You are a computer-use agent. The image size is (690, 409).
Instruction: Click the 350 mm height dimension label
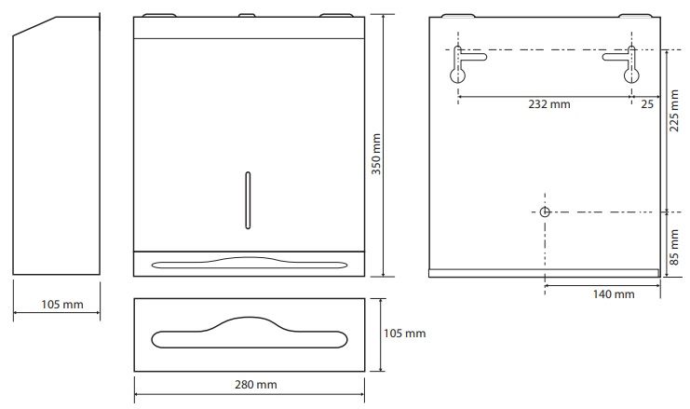[376, 154]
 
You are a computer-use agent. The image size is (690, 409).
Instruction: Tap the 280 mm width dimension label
[256, 385]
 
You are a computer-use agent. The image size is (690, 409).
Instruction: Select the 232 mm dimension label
[549, 104]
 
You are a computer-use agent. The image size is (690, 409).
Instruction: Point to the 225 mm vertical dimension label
[674, 111]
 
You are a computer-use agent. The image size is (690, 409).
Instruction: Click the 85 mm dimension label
[674, 247]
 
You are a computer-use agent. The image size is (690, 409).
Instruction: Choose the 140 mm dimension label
[614, 294]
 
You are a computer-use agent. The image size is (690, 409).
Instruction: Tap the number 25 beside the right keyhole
[647, 104]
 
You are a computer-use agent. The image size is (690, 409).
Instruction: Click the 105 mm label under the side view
[62, 305]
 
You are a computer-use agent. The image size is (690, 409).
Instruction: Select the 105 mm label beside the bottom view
[404, 334]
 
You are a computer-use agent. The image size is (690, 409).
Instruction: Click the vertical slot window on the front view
[248, 200]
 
